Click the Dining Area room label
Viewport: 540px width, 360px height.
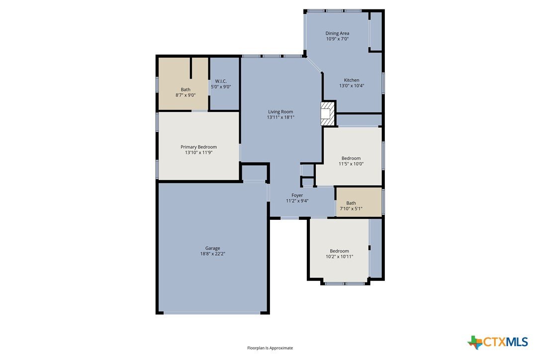point(337,33)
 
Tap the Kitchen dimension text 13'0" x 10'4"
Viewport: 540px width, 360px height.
point(352,86)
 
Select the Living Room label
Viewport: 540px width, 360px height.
point(280,111)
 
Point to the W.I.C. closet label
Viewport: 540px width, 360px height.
point(221,82)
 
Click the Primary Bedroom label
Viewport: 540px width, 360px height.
point(199,147)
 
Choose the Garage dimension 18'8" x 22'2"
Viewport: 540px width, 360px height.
point(213,254)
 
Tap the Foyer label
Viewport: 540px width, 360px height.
point(297,195)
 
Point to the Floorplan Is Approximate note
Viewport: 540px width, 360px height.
point(270,348)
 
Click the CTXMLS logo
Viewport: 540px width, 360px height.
point(498,342)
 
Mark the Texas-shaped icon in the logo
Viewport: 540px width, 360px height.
point(475,343)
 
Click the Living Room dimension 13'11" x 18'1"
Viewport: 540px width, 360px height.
point(280,117)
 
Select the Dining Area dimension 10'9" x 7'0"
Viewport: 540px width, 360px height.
point(338,39)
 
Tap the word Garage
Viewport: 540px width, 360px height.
point(213,249)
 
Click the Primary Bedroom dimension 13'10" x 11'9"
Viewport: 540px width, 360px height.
point(199,153)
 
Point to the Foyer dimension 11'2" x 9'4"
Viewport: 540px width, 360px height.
point(297,201)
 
